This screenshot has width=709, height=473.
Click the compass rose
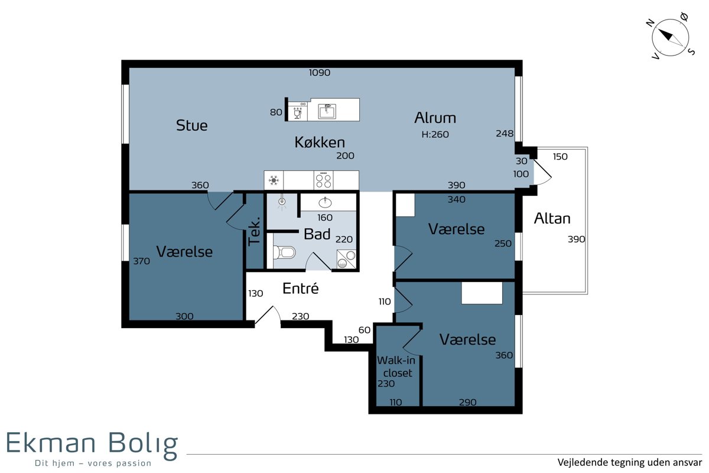(x=670, y=38)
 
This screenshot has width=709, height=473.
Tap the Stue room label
(x=192, y=125)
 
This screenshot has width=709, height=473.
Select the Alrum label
(x=435, y=118)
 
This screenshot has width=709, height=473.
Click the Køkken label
(x=320, y=142)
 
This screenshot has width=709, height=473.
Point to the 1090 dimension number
(x=320, y=73)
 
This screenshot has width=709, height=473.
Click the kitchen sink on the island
(x=327, y=111)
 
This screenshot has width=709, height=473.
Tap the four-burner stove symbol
(x=324, y=180)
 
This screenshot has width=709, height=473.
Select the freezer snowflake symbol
(x=274, y=180)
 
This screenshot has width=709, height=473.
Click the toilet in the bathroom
(x=284, y=252)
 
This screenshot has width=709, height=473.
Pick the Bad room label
(x=317, y=234)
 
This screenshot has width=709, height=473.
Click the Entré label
(x=300, y=289)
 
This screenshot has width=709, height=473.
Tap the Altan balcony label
(x=552, y=218)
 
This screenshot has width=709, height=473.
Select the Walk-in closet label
(x=396, y=367)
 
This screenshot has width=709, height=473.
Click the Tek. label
(x=254, y=232)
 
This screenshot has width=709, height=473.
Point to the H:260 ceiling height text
(x=435, y=134)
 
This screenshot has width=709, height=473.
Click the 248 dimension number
(x=505, y=134)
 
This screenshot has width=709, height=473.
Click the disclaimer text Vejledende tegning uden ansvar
(x=630, y=462)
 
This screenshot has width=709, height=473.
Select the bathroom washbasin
(x=325, y=202)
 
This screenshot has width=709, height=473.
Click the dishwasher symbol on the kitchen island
(x=298, y=111)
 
